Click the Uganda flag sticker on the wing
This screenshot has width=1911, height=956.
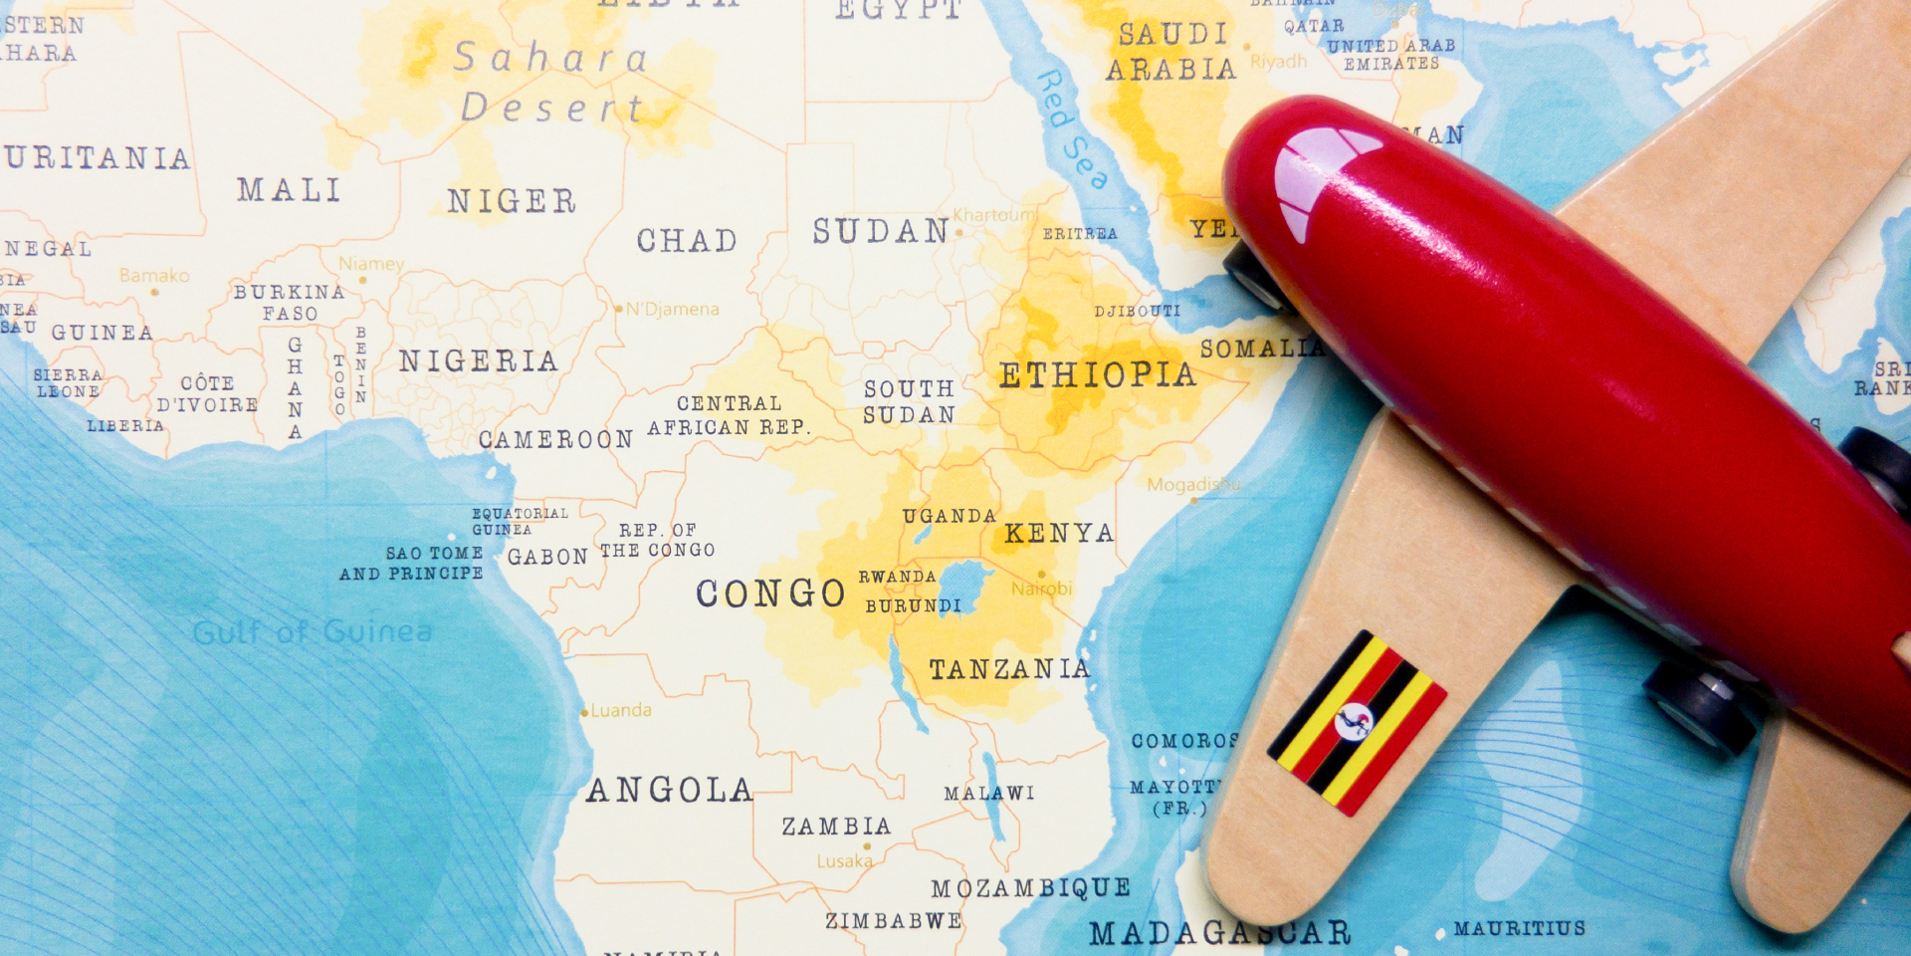point(1357,723)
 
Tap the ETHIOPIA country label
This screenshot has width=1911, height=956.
point(1097,375)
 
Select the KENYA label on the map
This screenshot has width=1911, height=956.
point(1058,534)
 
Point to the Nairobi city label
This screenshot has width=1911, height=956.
point(1041,589)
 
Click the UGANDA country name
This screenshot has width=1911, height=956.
point(949,516)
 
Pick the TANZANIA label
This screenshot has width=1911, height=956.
point(1009,669)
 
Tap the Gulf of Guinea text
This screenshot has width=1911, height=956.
point(313,632)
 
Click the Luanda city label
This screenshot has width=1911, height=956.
point(620,710)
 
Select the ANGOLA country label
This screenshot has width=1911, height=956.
point(669,791)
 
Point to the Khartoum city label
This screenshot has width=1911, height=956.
point(994,215)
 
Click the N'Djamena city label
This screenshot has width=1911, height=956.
point(672,310)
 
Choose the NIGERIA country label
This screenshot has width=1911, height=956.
point(478,361)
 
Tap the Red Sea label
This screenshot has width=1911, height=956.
point(1072,129)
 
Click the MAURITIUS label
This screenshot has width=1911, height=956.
point(1519,928)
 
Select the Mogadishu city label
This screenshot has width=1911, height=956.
point(1193,485)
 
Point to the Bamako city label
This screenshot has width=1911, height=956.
point(154,276)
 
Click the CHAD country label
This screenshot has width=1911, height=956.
point(687,241)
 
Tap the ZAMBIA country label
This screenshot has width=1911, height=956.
point(836,827)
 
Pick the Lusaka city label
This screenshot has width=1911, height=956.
point(844,861)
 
